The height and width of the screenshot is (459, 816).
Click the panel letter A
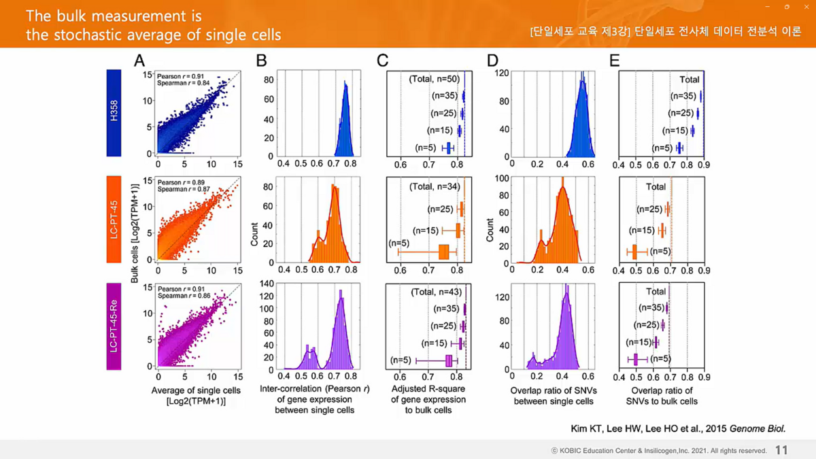tap(139, 61)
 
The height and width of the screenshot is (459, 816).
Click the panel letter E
tap(615, 61)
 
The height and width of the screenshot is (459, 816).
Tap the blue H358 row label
tap(114, 113)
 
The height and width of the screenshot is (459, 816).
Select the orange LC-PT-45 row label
tap(114, 219)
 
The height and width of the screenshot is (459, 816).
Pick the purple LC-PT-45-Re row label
tap(114, 326)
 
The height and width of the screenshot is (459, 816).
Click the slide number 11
tap(781, 450)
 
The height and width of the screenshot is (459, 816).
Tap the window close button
tap(806, 7)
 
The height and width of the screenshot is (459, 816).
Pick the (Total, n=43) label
tap(436, 292)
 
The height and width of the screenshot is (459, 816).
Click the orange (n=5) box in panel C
tap(444, 252)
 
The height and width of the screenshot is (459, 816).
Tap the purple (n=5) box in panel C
tap(449, 360)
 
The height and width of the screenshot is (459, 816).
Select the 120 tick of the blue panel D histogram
tap(501, 73)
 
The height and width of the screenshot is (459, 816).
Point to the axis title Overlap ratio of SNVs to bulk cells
tap(662, 396)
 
